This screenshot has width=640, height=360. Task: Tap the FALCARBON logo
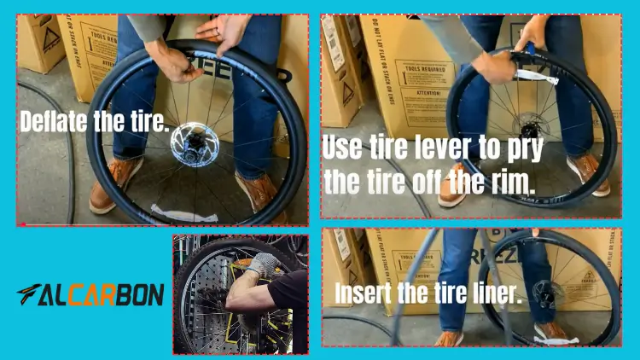90,294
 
